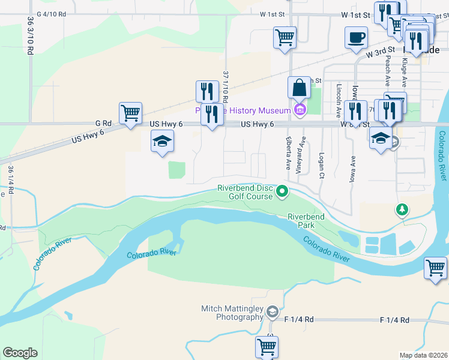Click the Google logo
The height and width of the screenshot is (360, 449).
coord(20,353)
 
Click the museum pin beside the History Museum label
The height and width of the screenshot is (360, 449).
coord(300,110)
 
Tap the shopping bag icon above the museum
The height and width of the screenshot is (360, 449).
coord(299,88)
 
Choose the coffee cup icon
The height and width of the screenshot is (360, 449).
coord(356,37)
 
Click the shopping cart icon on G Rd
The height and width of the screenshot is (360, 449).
coord(130,113)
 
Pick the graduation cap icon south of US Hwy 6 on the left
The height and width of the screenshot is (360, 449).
coord(161,142)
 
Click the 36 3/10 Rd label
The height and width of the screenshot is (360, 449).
coord(31,36)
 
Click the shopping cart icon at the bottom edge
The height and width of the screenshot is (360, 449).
coord(266,347)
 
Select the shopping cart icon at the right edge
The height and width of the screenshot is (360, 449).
coord(435,268)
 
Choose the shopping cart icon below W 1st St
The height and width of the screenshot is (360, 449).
coord(285,37)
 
